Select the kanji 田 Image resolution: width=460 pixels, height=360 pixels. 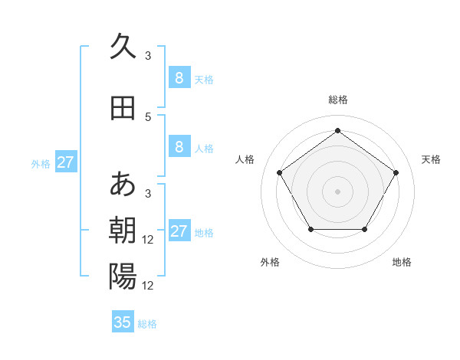[123, 108]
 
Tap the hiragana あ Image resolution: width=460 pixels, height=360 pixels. [123, 184]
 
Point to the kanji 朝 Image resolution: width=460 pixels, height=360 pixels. [123, 231]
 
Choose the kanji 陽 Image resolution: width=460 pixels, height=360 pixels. [123, 276]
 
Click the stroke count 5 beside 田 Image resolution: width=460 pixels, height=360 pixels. [148, 117]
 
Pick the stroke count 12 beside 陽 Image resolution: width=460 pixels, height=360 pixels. [149, 286]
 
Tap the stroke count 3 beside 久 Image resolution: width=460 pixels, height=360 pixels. [148, 55]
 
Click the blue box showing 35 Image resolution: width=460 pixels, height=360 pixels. [123, 322]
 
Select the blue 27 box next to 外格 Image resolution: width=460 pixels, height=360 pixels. [65, 162]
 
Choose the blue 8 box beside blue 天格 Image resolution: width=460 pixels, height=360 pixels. [179, 78]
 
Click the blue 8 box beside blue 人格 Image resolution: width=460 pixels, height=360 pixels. [179, 147]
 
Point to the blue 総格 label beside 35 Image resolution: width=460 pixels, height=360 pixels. [147, 324]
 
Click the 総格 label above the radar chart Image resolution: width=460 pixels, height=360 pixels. [337, 100]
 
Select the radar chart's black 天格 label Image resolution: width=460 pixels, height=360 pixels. [431, 159]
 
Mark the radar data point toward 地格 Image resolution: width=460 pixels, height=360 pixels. [364, 229]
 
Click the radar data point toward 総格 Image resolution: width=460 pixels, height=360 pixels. [337, 131]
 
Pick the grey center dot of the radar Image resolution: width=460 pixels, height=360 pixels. [337, 191]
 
